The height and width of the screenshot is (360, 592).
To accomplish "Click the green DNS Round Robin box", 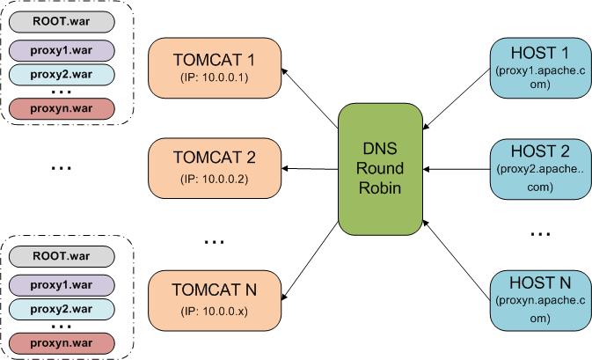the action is [x=380, y=169].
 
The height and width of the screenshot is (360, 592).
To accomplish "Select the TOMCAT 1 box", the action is [x=215, y=68].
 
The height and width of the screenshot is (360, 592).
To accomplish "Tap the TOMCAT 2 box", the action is [x=215, y=168].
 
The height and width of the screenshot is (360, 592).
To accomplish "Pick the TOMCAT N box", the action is [x=215, y=300].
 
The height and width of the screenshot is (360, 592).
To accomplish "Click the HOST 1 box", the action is [x=541, y=68].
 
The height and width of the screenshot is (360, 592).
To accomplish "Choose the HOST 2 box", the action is [x=541, y=169].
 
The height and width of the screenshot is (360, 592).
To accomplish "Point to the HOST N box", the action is [x=541, y=300].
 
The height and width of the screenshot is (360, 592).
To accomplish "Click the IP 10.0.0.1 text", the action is [x=215, y=77].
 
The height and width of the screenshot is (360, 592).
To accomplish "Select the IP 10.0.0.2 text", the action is [x=215, y=179].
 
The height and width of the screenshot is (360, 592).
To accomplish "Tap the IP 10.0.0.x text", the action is [x=215, y=312].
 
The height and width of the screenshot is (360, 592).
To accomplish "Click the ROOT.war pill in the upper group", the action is [x=62, y=21].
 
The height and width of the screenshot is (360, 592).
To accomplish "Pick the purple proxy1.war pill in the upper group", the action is [x=62, y=51].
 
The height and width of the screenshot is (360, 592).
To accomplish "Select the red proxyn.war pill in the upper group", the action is [x=62, y=109].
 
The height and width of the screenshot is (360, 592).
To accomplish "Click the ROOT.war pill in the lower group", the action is [x=62, y=256].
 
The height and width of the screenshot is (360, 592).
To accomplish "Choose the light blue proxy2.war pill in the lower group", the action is [x=62, y=309].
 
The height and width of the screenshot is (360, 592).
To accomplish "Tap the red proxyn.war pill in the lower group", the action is [x=62, y=343].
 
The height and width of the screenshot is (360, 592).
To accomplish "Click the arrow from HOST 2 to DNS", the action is [x=457, y=169].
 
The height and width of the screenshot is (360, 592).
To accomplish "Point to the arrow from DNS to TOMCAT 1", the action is [x=310, y=99].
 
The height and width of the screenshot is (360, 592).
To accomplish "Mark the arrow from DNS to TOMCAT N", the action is [x=310, y=261].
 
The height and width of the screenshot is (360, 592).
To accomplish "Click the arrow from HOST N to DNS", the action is [x=457, y=260].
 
